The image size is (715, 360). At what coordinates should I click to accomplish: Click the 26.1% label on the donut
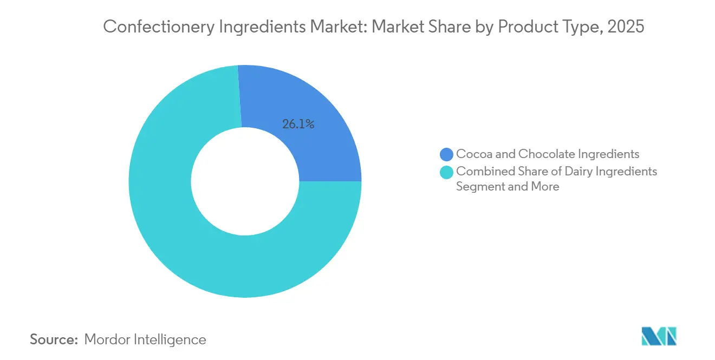(x=298, y=124)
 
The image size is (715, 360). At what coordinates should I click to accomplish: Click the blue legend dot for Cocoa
(x=447, y=154)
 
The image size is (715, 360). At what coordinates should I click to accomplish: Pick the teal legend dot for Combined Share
(x=447, y=172)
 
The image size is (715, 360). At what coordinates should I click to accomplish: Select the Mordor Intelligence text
(x=145, y=339)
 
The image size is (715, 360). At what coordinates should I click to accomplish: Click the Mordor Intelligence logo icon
(x=659, y=336)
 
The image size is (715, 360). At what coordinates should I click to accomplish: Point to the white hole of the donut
(x=245, y=181)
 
